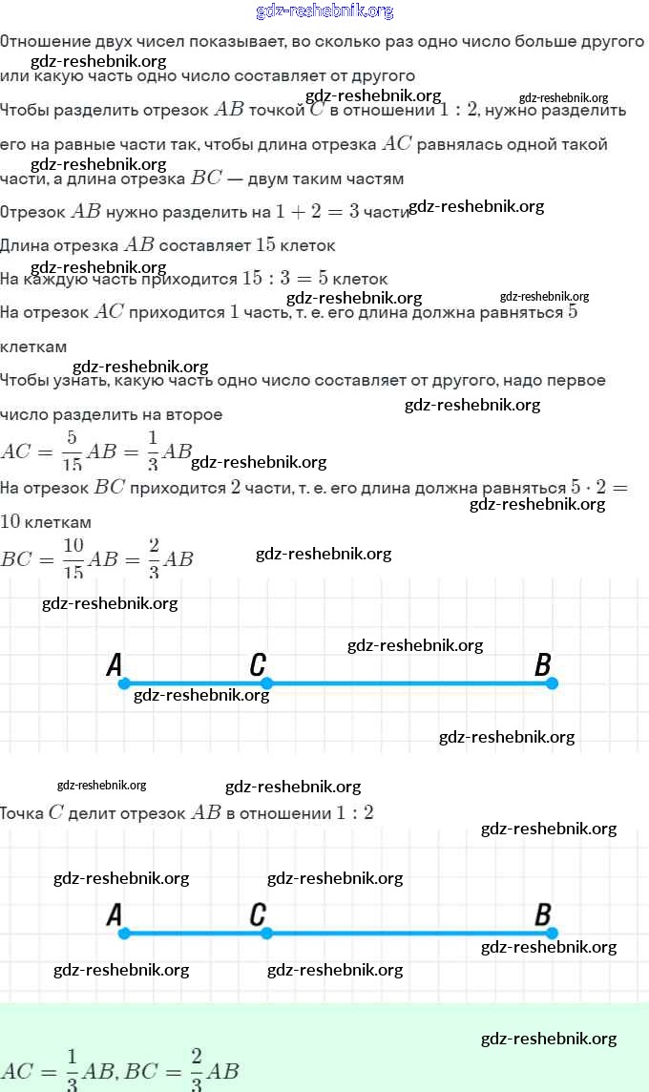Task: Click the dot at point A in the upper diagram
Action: (124, 683)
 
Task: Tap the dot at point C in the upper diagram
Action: (266, 683)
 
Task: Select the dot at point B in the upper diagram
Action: (552, 683)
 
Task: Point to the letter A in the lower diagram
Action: (115, 915)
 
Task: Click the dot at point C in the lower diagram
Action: (266, 933)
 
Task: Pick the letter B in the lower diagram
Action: (543, 915)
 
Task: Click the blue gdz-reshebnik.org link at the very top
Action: (324, 11)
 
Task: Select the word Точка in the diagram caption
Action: (21, 813)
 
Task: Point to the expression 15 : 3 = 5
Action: (284, 279)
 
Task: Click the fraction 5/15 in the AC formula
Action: (72, 451)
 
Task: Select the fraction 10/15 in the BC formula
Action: (73, 559)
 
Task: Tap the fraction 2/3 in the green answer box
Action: (197, 1070)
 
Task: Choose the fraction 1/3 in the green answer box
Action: (72, 1070)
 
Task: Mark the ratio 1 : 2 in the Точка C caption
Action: (354, 813)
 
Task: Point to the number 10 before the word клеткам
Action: (10, 522)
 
